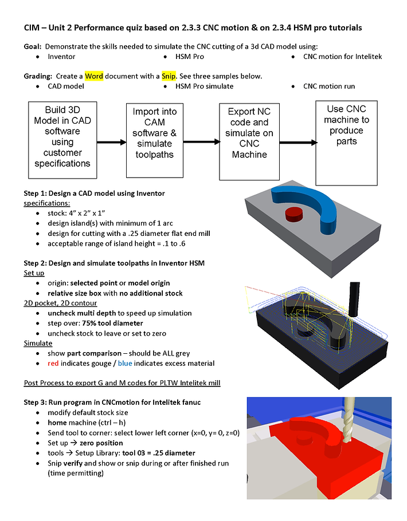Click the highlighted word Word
(x=94, y=76)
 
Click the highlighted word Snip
(x=169, y=76)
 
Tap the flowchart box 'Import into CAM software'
(x=154, y=133)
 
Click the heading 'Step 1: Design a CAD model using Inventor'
(x=94, y=193)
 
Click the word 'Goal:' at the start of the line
(x=33, y=46)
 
